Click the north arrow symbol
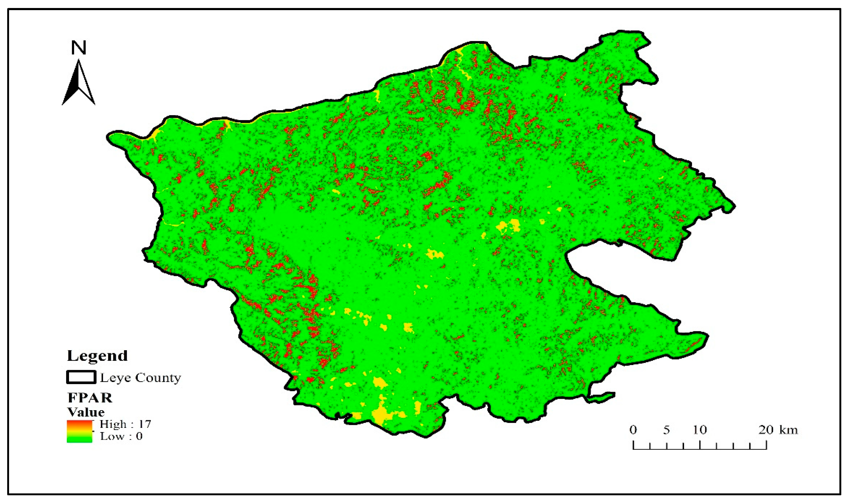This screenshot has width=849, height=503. click(x=79, y=83)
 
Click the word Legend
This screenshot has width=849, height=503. click(x=97, y=356)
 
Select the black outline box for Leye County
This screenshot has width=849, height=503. click(x=81, y=377)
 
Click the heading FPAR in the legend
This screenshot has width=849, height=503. click(x=90, y=398)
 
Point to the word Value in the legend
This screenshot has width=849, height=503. click(x=86, y=412)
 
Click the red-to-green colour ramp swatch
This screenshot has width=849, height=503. click(x=79, y=431)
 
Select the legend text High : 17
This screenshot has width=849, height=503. click(x=125, y=424)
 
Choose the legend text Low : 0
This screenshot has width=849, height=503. click(x=121, y=436)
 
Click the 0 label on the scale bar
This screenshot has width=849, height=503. click(x=633, y=430)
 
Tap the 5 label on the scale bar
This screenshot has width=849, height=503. click(x=666, y=430)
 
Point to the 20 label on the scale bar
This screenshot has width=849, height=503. click(x=766, y=430)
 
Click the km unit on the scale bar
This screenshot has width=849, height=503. click(x=789, y=430)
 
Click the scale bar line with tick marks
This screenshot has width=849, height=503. click(x=700, y=448)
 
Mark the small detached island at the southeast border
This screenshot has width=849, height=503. click(x=601, y=397)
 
